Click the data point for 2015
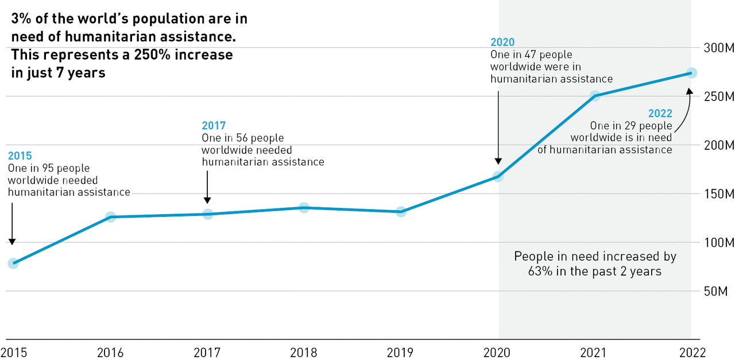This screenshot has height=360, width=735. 13,264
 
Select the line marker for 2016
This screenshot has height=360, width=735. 110,217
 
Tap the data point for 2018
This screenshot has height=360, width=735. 304,207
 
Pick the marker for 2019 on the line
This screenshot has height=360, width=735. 401,211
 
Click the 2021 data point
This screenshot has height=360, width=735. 595,95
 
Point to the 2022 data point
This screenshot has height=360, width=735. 691,73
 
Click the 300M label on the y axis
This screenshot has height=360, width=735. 718,48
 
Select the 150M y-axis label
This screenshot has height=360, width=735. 718,193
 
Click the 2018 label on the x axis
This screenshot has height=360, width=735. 304,352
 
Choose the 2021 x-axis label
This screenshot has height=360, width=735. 595,352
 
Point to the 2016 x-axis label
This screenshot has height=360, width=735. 110,352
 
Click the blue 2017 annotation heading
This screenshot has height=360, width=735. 214,125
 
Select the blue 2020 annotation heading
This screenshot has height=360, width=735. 502,42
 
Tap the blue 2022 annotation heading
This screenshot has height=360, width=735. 660,113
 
